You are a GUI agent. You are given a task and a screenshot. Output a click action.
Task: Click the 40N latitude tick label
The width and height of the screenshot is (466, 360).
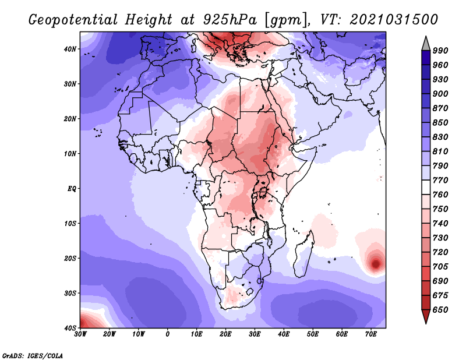[70, 49]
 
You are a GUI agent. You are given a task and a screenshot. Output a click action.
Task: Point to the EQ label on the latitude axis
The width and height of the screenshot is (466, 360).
[72, 189]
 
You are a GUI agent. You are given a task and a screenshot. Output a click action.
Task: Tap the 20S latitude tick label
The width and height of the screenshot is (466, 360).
[70, 258]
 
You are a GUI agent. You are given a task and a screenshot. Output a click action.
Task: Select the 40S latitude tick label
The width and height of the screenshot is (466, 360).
[70, 327]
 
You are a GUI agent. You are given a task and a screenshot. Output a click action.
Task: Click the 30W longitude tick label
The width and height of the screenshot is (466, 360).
[81, 334]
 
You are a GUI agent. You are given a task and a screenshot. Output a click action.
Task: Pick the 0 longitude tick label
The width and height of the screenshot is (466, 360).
[168, 334]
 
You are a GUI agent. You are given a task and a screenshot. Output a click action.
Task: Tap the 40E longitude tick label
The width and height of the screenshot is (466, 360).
[284, 334]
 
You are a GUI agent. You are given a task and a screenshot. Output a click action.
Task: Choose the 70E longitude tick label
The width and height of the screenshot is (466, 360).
[371, 334]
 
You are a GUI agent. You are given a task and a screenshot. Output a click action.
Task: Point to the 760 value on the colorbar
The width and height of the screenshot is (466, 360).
[440, 195]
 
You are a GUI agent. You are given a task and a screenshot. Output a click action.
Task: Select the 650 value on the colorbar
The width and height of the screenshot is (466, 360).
[440, 309]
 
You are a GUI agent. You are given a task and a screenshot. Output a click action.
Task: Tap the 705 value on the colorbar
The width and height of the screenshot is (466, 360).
[440, 266]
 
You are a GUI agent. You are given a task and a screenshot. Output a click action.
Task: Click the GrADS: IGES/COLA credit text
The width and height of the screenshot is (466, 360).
[32, 355]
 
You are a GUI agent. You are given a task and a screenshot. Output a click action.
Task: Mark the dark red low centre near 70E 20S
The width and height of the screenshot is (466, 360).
[376, 264]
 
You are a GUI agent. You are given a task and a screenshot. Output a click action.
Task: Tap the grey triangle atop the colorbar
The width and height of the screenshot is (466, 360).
[426, 44]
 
